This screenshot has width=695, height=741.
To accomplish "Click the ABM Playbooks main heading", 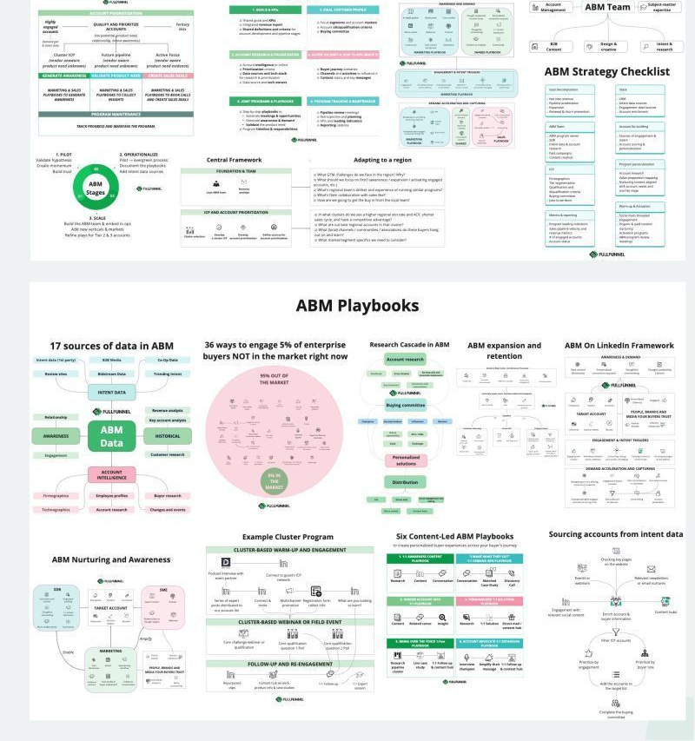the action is pos(357,306).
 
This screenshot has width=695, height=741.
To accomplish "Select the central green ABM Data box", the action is pos(111,435).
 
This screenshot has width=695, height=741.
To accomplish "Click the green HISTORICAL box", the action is pos(167,435).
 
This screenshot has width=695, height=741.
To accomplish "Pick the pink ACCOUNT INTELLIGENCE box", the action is pos(111,474).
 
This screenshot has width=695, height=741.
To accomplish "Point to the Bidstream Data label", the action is pos(111,374).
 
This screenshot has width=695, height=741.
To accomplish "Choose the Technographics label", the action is pos(56,510).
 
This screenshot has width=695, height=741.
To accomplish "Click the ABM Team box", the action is pos(607,7).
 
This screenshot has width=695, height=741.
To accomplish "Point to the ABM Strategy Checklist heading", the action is pos(607,71).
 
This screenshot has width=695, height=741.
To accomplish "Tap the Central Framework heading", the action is pos(234,161).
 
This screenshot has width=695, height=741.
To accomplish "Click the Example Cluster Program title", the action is pos(288,537).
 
